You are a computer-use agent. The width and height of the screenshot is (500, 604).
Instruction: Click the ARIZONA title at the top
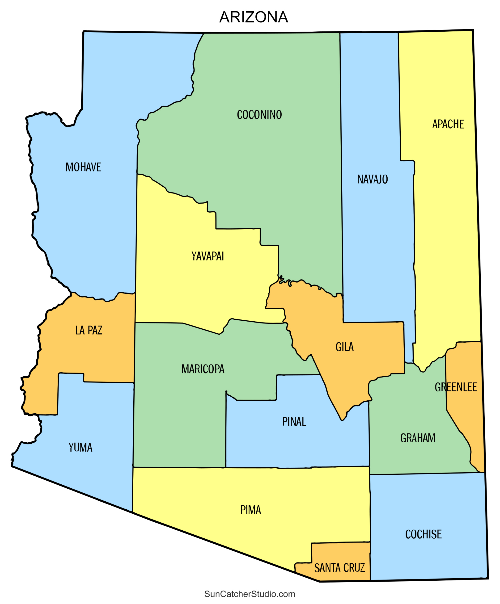pyautogui.click(x=253, y=17)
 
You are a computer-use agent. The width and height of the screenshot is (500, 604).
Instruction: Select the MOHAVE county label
pyautogui.click(x=84, y=167)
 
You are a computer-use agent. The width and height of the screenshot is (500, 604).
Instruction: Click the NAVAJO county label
pyautogui.click(x=373, y=179)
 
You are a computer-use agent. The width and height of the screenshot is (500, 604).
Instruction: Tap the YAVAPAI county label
pyautogui.click(x=208, y=256)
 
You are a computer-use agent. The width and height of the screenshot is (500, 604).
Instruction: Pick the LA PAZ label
pyautogui.click(x=89, y=330)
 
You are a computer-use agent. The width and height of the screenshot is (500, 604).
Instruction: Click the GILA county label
pyautogui.click(x=345, y=347)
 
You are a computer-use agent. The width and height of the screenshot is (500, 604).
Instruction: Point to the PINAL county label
pyautogui.click(x=294, y=422)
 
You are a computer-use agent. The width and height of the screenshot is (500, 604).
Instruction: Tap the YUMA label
pyautogui.click(x=81, y=448)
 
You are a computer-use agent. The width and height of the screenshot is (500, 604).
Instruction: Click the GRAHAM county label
pyautogui.click(x=418, y=438)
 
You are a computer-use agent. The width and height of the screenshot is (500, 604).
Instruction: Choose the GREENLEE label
pyautogui.click(x=456, y=387)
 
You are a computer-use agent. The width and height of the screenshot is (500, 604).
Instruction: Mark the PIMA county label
pyautogui.click(x=251, y=510)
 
